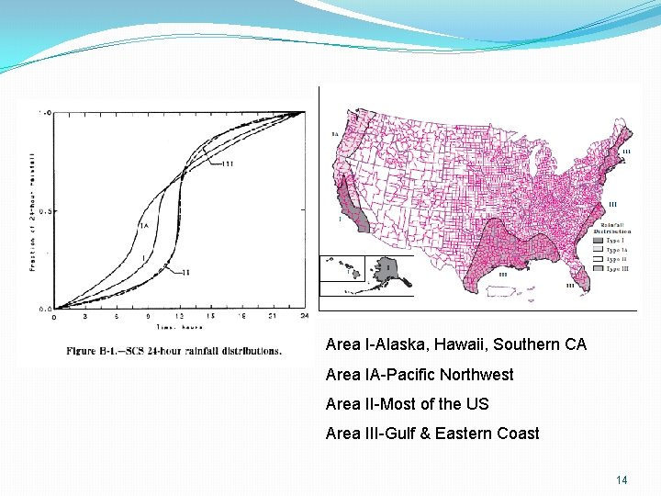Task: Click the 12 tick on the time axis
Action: (180, 317)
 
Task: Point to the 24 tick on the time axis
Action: (304, 317)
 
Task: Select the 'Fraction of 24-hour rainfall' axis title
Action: (32, 210)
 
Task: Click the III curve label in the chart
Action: (228, 163)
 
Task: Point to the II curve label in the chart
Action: (185, 273)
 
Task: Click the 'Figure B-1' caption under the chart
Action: (174, 351)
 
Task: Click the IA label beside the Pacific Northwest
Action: (334, 135)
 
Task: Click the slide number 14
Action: (622, 480)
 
